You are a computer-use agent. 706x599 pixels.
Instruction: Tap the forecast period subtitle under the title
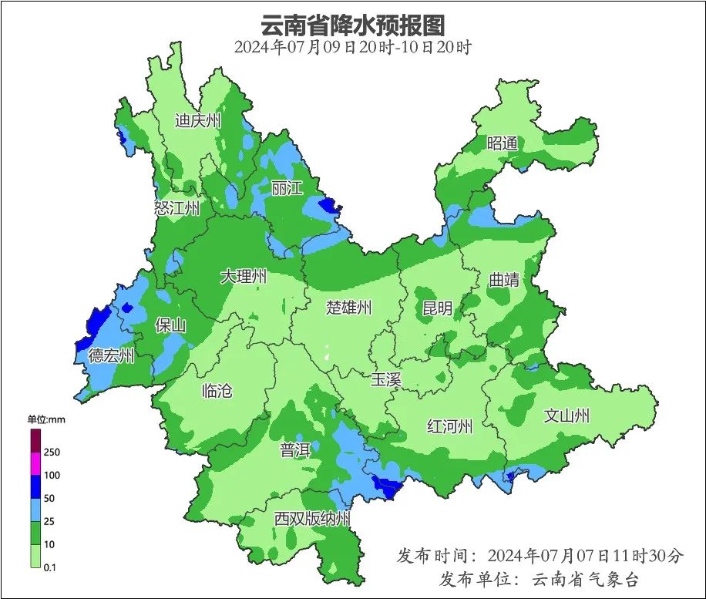coord(353,47)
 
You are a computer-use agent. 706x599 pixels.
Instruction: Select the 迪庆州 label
coord(197,120)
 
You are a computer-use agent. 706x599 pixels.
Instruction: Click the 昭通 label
coord(502,143)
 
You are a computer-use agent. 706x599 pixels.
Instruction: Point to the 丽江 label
coord(287,187)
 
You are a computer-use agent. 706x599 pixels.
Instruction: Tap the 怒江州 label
coord(176,208)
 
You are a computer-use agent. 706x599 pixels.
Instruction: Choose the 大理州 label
coord(244,276)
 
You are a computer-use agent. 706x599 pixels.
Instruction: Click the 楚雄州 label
coord(348,308)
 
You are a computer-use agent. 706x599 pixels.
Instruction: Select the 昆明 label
coord(437,308)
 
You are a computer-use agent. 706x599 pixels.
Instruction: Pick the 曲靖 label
coord(504,281)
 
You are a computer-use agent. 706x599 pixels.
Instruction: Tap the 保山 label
coord(170,325)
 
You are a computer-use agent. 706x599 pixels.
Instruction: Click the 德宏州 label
coord(111,355)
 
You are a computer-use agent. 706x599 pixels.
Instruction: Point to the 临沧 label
coord(216,390)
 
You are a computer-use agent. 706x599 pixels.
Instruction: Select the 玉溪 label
coord(386,379)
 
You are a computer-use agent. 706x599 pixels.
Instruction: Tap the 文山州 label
coord(566,416)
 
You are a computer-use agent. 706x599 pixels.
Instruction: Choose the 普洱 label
coord(295,451)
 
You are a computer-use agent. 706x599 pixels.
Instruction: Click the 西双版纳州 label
coord(312,519)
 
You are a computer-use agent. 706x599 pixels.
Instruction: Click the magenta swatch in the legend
coord(35,464)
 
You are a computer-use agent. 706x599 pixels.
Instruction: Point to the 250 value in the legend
coord(52,452)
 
